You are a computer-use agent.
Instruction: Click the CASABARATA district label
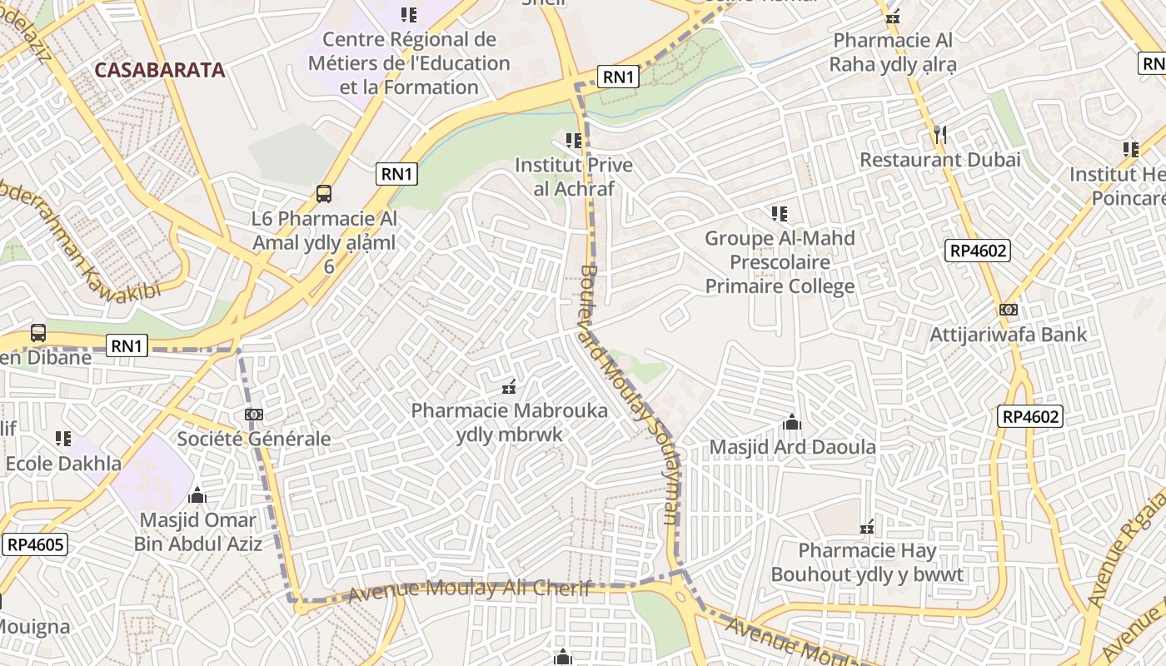(160, 70)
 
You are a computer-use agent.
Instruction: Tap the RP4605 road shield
(34, 545)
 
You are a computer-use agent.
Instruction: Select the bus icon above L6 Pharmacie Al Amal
(324, 194)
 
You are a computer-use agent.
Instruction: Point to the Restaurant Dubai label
(939, 160)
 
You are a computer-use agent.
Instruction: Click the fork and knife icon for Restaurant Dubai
(939, 134)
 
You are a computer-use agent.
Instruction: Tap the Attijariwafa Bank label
(1008, 335)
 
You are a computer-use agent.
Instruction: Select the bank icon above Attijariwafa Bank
(1008, 310)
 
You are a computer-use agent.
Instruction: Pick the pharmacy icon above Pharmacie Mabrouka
(509, 387)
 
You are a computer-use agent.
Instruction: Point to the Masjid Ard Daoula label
(792, 448)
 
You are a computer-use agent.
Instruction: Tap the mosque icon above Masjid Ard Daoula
(792, 423)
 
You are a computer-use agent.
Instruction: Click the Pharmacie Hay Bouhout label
(867, 563)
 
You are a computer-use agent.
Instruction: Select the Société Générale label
(254, 439)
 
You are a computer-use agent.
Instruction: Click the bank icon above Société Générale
(254, 415)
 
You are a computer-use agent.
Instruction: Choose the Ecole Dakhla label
(63, 464)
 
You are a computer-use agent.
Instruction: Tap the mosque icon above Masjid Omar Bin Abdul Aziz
(197, 496)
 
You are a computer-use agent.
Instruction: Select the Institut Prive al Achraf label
(573, 176)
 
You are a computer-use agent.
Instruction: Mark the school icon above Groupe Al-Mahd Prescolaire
(780, 214)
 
